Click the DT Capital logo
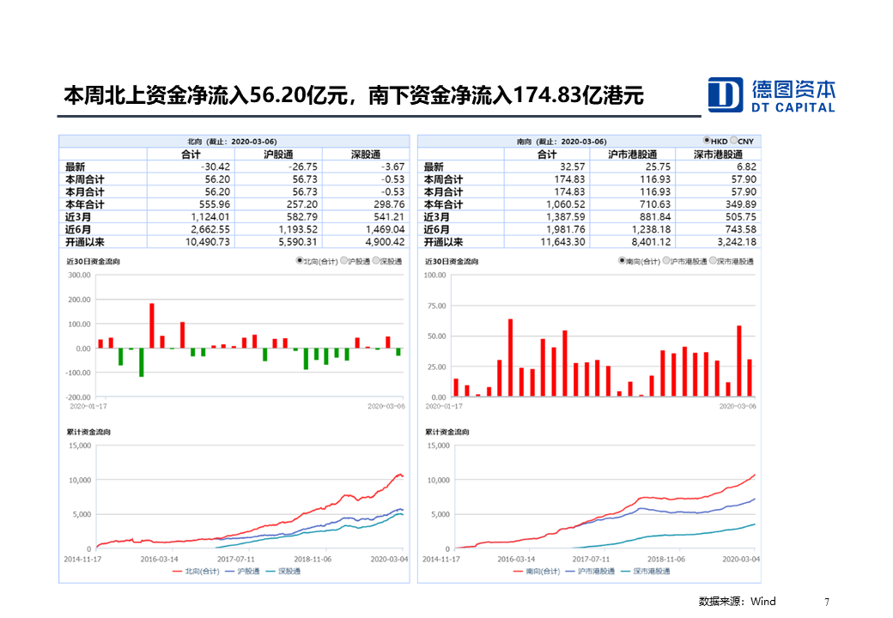(770, 94)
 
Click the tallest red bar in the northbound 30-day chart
(152, 325)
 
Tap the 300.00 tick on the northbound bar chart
(79, 276)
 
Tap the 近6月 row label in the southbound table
(435, 229)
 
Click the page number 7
(827, 602)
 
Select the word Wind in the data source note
(763, 602)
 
